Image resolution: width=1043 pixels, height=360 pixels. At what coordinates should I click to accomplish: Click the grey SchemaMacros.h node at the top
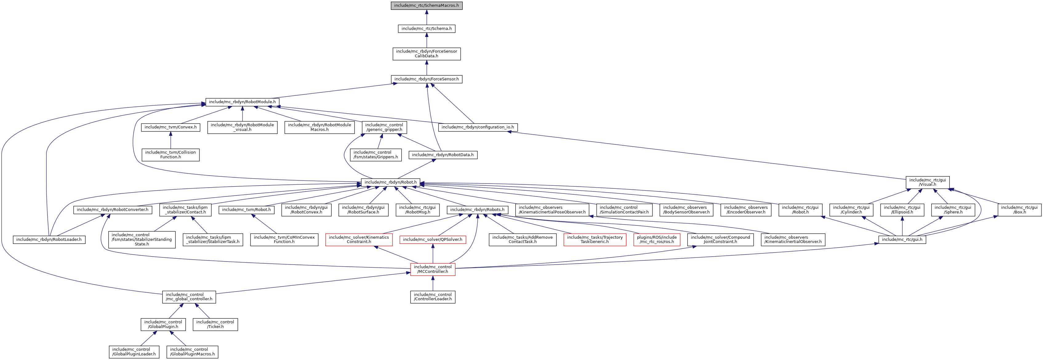(426, 6)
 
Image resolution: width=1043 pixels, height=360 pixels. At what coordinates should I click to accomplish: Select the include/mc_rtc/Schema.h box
(426, 29)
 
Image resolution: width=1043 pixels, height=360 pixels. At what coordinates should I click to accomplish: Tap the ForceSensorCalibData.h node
(426, 54)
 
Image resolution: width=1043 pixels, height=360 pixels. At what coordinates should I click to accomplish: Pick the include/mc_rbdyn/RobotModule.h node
(242, 102)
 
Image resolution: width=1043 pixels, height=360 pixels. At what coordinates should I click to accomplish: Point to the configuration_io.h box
(477, 127)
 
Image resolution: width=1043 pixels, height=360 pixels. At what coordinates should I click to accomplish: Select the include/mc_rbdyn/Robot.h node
(390, 182)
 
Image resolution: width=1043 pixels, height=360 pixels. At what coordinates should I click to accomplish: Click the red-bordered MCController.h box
(432, 269)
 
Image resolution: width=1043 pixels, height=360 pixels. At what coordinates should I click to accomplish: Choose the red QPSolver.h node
(432, 240)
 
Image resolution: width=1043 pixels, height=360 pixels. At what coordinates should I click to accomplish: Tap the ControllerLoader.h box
(432, 297)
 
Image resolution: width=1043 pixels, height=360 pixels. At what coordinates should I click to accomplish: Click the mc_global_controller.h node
(189, 297)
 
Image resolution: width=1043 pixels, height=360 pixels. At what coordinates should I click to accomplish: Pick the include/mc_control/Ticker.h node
(215, 324)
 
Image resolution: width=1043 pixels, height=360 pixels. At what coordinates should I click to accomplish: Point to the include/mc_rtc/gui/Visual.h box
(927, 182)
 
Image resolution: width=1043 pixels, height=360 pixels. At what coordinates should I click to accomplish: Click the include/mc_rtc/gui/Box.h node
(1019, 210)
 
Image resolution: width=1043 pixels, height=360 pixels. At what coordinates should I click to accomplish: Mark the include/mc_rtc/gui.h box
(902, 240)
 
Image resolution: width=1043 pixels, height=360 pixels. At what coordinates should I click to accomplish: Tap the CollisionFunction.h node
(170, 155)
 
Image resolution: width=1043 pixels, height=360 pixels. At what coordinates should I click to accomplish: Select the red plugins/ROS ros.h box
(656, 240)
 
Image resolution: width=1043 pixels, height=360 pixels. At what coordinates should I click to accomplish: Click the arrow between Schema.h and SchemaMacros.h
(426, 18)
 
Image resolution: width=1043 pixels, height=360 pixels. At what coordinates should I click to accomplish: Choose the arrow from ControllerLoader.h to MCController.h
(432, 283)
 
